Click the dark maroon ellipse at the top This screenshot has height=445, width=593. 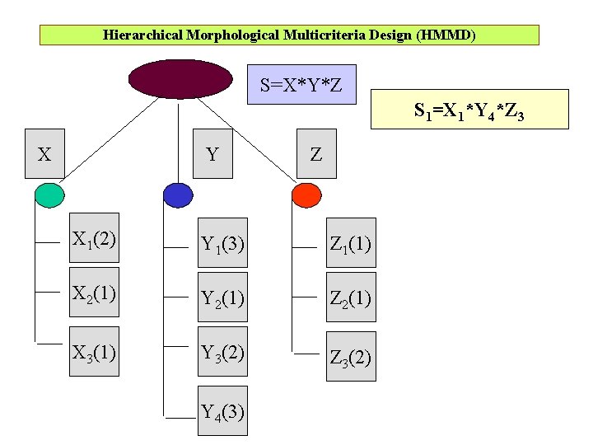(180, 78)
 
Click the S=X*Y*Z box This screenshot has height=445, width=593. (301, 84)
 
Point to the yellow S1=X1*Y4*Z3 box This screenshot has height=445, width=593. (469, 110)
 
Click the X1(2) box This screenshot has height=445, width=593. (93, 240)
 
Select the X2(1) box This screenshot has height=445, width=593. (93, 293)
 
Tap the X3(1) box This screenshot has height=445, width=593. (93, 352)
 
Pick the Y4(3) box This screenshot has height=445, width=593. (222, 411)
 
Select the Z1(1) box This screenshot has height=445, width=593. (350, 244)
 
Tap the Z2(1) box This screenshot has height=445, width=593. (350, 297)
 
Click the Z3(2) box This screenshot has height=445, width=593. (350, 357)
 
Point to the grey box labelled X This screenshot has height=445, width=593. (44, 153)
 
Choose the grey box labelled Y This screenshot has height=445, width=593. (212, 153)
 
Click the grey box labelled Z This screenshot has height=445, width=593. (316, 153)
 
